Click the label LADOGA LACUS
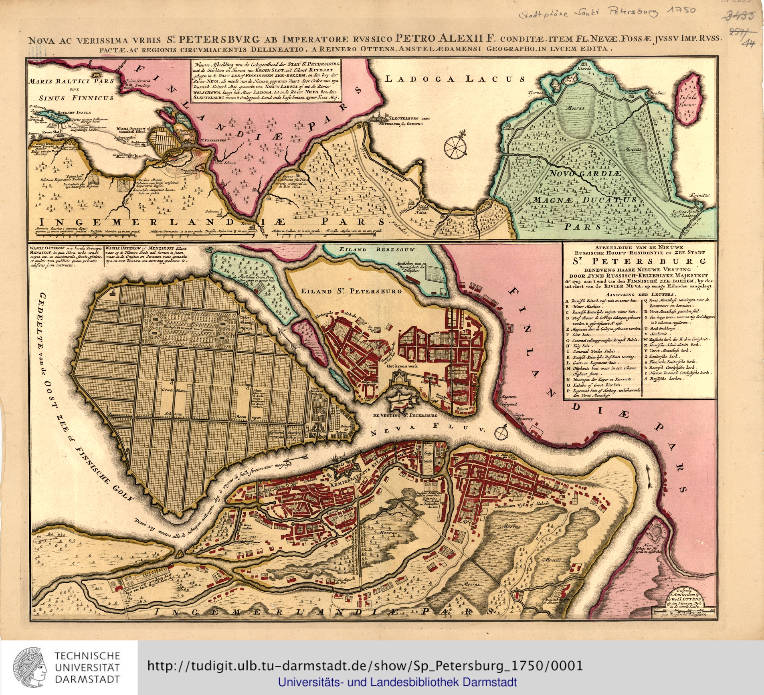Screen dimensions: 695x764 tap(455, 79)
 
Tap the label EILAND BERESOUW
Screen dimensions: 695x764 tap(377, 249)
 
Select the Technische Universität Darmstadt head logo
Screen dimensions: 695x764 tap(30, 667)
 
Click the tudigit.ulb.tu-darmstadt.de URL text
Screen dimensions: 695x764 tap(365, 666)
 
